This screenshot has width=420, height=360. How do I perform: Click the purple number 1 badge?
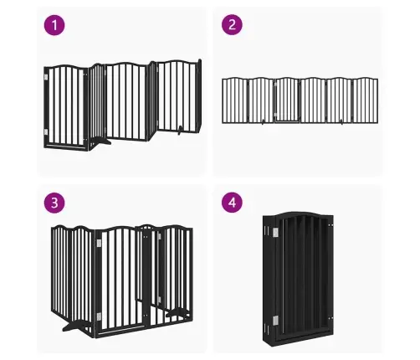tap(54, 25)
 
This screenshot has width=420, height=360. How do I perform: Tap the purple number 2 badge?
tap(232, 24)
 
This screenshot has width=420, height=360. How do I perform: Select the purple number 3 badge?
tap(54, 203)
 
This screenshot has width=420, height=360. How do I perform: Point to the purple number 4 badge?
tap(232, 203)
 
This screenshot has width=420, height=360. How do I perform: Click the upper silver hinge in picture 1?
tap(46, 77)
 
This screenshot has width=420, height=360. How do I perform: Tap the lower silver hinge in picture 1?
tap(46, 131)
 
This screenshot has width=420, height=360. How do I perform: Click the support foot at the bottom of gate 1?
tap(100, 141)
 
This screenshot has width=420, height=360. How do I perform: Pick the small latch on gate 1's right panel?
tap(180, 131)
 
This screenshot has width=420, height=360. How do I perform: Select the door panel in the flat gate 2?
tap(287, 100)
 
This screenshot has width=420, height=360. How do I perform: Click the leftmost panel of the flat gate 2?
tap(235, 100)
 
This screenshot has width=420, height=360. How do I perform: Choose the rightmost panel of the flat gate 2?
tap(366, 100)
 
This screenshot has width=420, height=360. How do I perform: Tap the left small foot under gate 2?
tap(263, 122)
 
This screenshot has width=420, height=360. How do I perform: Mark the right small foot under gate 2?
tap(341, 122)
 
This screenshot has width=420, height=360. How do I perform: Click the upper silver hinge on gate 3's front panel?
tap(99, 243)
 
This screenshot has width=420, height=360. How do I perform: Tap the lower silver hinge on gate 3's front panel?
tap(99, 316)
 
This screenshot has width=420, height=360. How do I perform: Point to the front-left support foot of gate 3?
tap(73, 327)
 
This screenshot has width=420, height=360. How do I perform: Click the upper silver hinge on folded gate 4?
tap(275, 232)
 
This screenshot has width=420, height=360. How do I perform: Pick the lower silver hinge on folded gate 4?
tap(275, 321)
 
